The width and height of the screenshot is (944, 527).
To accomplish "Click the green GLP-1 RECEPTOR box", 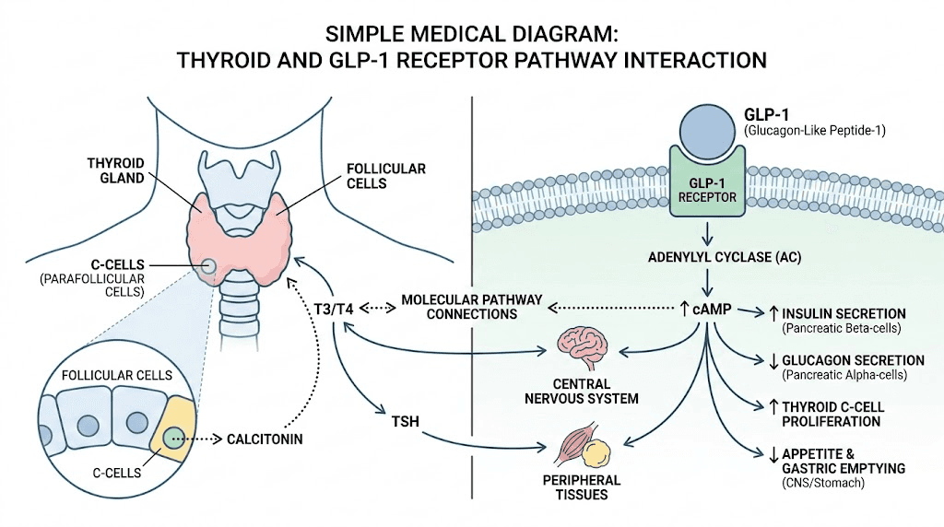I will tap(706, 186).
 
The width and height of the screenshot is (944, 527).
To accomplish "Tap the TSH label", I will tap(405, 422).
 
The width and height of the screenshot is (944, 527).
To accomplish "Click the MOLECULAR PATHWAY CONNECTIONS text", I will tap(471, 307).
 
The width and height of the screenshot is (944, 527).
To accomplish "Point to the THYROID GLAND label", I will tap(116, 170).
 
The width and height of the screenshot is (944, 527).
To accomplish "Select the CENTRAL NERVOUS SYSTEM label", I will tap(581, 391).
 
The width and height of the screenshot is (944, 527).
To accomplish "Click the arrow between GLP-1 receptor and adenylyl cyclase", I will tap(707, 230).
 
